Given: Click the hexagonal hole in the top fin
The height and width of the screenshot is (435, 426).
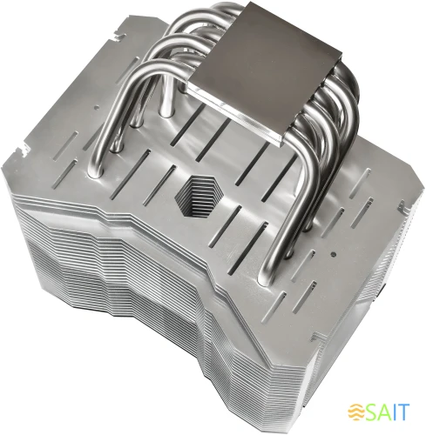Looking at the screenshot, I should (x=203, y=193).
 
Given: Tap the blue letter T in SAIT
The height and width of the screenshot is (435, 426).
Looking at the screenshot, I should (x=408, y=412).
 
